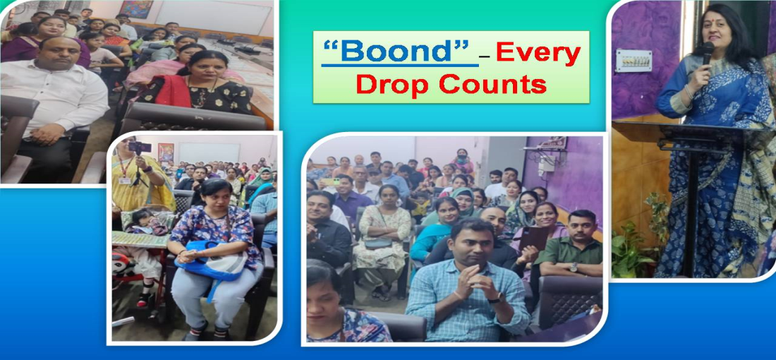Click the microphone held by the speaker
coord(707,54)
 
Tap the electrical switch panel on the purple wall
coord(633,61)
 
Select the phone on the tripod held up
coord(140,147)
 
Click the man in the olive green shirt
coord(570,250)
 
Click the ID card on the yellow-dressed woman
coord(125,181)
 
